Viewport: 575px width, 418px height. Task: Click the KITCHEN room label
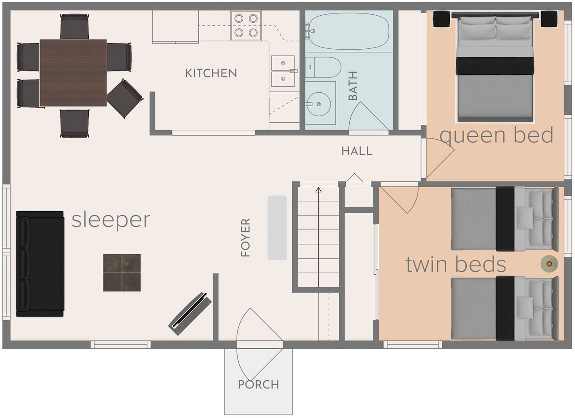tap(211, 73)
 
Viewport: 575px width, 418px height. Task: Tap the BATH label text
tap(353, 86)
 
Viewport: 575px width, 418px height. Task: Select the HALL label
tap(357, 151)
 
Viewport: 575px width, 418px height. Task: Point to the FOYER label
tap(245, 237)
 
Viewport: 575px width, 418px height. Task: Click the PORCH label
tap(258, 384)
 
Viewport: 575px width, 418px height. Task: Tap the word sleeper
tap(110, 220)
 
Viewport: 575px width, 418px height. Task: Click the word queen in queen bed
tap(473, 136)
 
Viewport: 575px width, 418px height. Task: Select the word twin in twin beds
tap(427, 264)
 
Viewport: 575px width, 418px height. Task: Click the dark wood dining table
tap(73, 73)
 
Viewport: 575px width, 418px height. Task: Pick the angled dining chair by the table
tap(125, 98)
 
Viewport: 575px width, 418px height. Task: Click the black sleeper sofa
tap(40, 263)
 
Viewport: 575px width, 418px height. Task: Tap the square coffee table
tap(122, 273)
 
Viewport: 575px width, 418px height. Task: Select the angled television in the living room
tap(190, 313)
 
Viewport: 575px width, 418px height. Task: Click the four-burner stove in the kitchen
tap(246, 25)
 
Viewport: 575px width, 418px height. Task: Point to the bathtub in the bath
tap(348, 31)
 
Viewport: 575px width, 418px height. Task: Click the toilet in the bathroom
tap(323, 67)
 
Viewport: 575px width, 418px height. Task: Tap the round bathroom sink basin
tap(319, 104)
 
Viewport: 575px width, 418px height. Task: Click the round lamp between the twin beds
tap(549, 263)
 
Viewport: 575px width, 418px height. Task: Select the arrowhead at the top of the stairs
tap(318, 190)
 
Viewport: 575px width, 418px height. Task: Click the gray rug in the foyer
tap(277, 228)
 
